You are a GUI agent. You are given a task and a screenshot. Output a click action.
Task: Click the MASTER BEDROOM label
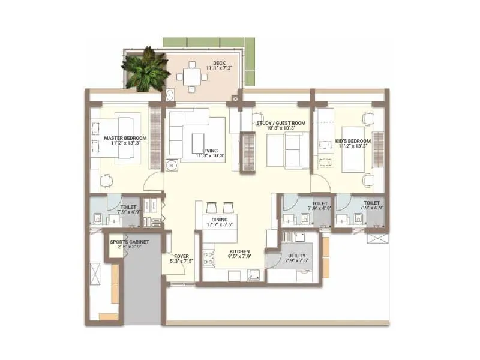coord(121,137)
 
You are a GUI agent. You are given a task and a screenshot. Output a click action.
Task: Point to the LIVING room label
coord(209,151)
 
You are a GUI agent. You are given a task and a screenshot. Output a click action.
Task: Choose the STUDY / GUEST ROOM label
coord(281,123)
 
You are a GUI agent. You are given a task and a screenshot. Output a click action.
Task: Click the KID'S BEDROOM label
coord(354,141)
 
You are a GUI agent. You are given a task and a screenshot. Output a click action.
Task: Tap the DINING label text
coord(218,220)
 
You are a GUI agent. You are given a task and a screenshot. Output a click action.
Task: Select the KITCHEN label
coord(239,251)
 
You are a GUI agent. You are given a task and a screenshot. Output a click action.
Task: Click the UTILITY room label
coord(296,254)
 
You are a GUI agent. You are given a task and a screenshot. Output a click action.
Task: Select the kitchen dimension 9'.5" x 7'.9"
coord(239,257)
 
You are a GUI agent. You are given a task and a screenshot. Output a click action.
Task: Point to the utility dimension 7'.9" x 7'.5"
coord(296,260)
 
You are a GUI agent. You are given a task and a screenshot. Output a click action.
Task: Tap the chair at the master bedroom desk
coord(106,180)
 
